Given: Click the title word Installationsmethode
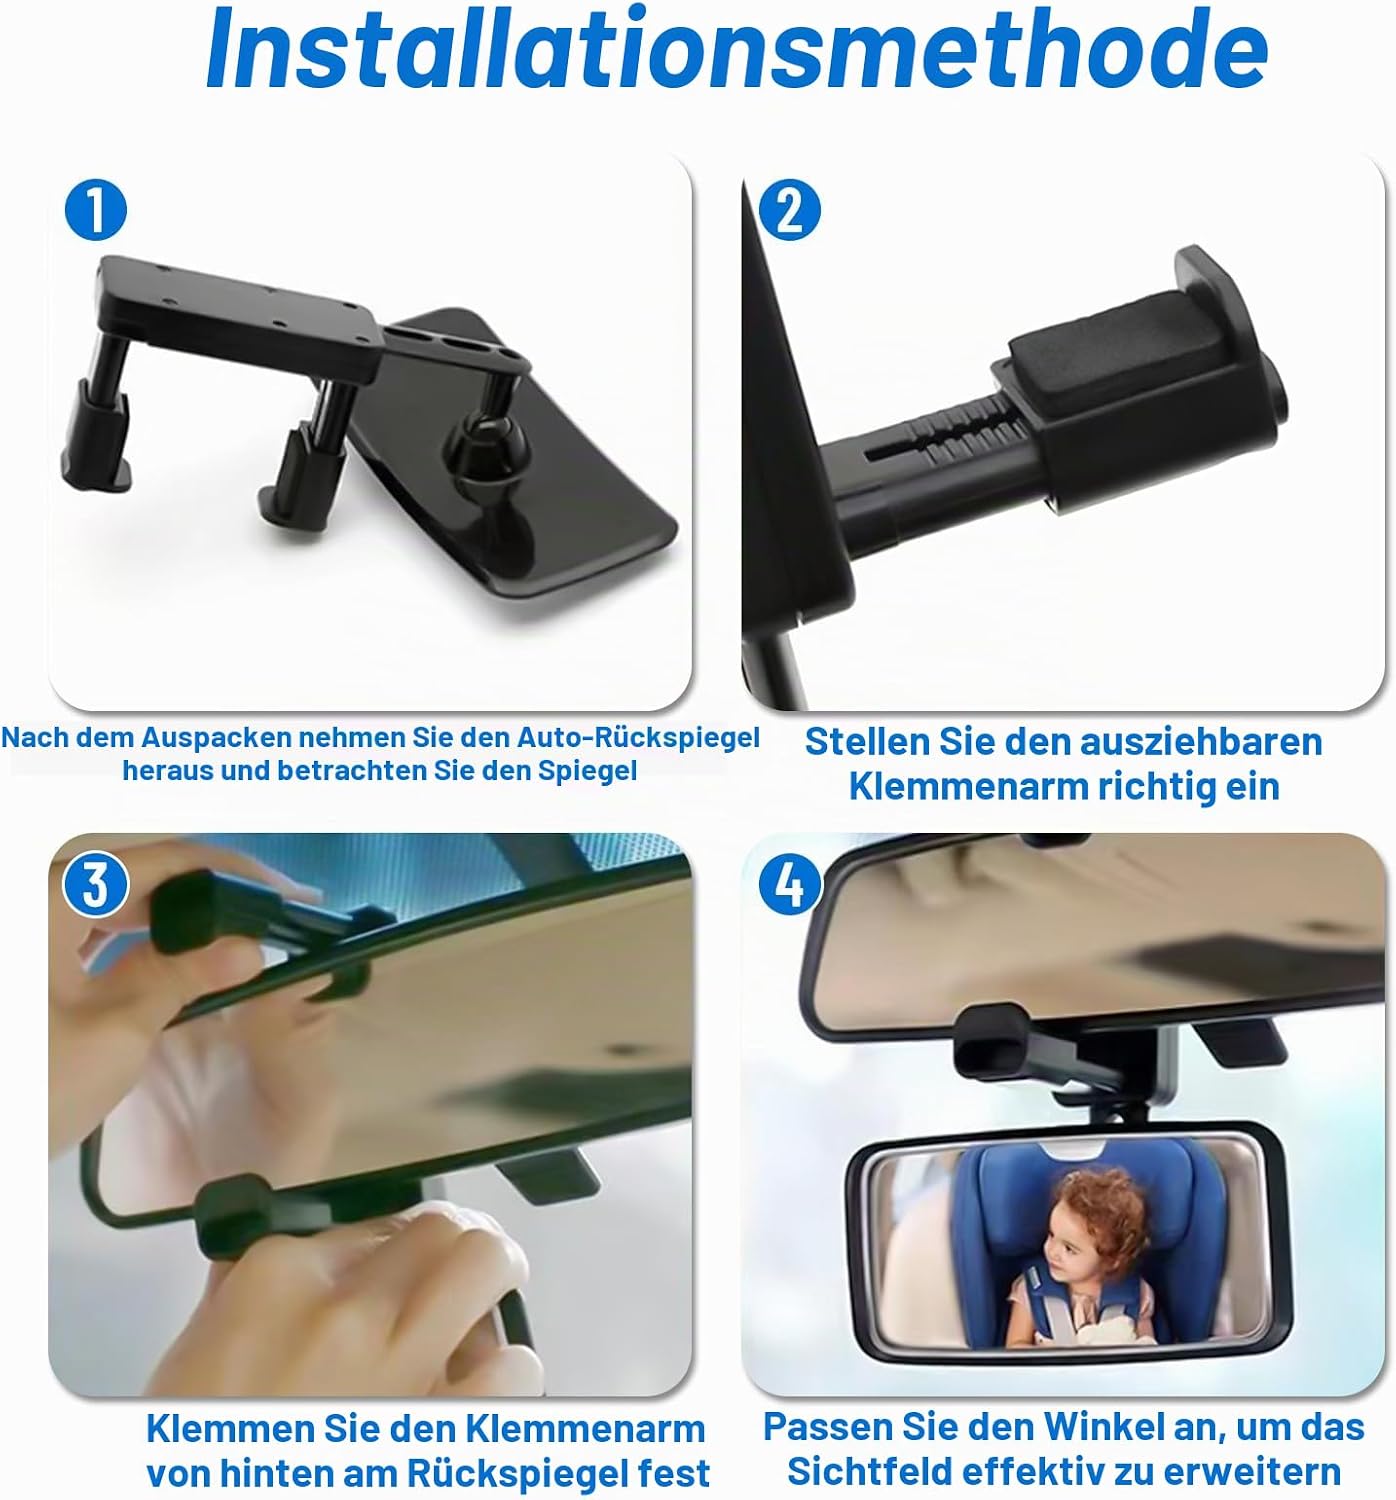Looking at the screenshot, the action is pos(737,49).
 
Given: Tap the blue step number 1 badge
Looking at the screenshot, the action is pos(95,210).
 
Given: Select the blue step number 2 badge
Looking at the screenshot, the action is pos(789,210).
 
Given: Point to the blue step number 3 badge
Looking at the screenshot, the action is pos(95,885).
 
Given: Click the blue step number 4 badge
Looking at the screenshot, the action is pos(789,885).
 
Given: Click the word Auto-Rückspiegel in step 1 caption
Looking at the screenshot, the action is pos(638,737).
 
